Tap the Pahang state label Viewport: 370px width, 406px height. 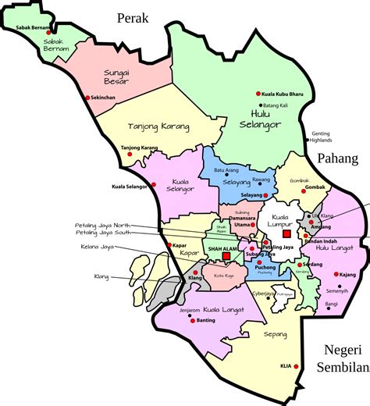[337, 158]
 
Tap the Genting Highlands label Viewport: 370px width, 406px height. [326, 137]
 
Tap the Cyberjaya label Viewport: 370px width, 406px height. [264, 294]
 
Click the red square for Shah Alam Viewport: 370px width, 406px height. [226, 255]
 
